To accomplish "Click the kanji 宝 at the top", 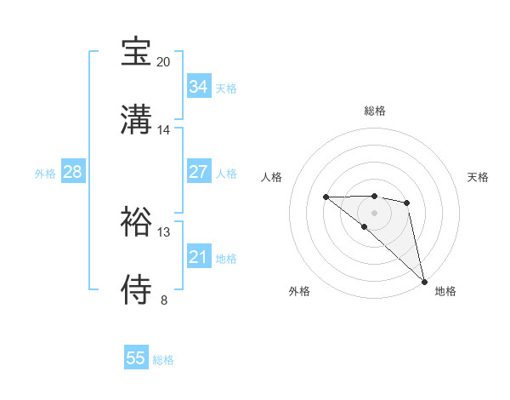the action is point(137,52).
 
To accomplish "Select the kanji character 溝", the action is point(137,117).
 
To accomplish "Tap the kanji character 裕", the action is point(137,220).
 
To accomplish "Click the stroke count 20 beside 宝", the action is point(163,62).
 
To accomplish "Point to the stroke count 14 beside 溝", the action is point(163,130).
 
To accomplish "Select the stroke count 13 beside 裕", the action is point(163,231).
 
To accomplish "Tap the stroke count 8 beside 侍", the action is point(163,300).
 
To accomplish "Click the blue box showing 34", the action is point(198,87).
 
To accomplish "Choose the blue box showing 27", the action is point(198,172).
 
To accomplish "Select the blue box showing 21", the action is point(198,257).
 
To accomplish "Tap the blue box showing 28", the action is point(73,172).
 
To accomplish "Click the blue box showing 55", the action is point(136,358).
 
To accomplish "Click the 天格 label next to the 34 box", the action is point(226,89).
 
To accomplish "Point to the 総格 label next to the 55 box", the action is point(163,360).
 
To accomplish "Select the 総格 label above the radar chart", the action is point(375,111).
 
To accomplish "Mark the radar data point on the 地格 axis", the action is point(424,281).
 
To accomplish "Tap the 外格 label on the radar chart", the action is point(299,291).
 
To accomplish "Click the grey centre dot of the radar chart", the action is point(374,212).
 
